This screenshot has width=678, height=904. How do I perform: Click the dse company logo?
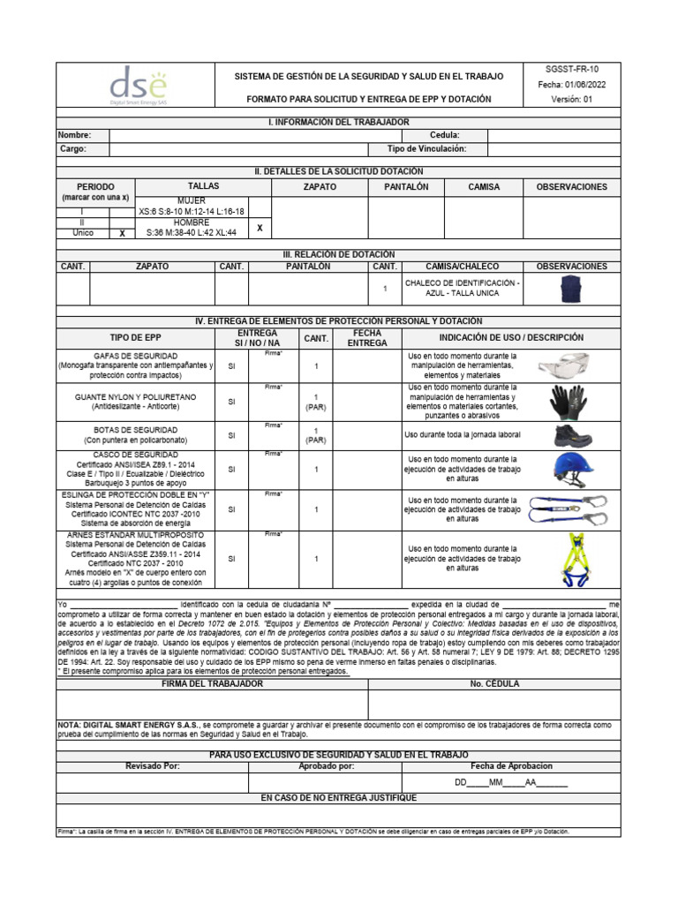click(x=137, y=88)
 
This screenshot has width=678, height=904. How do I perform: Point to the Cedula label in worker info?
click(x=444, y=135)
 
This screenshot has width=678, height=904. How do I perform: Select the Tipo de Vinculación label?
click(x=426, y=150)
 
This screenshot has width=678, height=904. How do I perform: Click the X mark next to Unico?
click(x=122, y=234)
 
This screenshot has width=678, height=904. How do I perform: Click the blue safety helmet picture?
click(x=572, y=469)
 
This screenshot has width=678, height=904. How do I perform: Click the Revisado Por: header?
click(x=153, y=766)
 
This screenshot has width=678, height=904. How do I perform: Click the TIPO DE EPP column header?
click(x=134, y=338)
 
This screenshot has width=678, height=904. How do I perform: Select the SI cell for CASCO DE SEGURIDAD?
click(x=232, y=470)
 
